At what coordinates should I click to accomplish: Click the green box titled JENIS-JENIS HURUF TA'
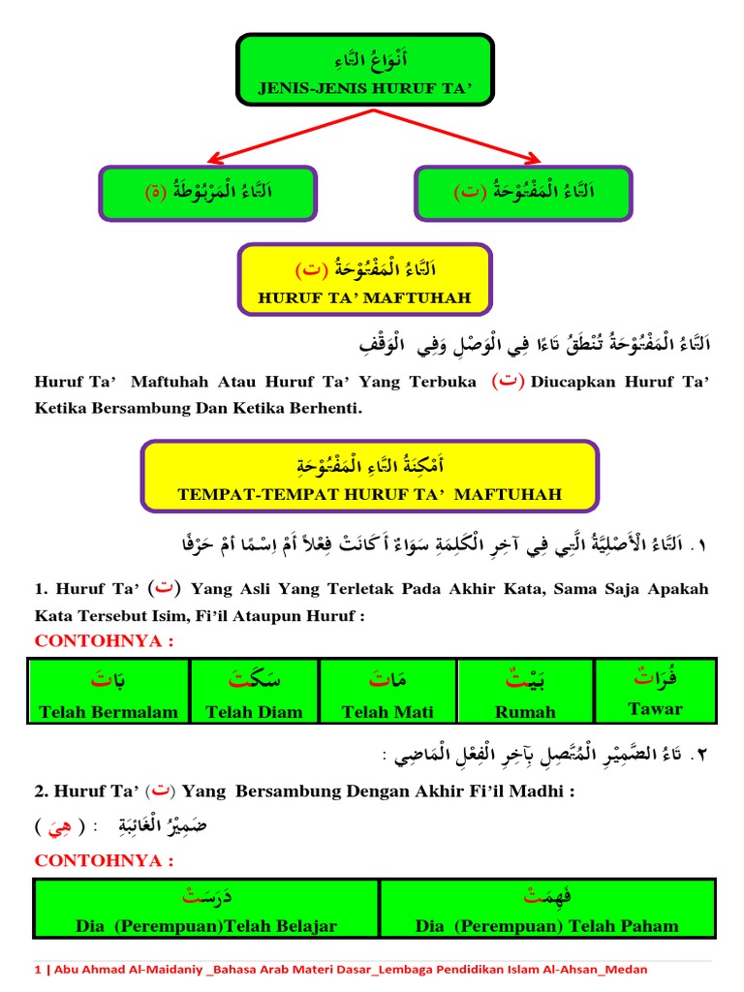tap(364, 70)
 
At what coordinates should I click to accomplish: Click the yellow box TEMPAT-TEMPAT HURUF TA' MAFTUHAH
tap(370, 475)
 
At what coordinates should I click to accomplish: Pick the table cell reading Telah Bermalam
tap(108, 691)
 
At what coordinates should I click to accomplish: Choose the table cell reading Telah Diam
tap(254, 691)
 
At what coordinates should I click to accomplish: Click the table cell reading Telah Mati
tap(387, 691)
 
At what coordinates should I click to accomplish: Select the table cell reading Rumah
tap(525, 691)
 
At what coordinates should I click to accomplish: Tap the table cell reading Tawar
tap(655, 691)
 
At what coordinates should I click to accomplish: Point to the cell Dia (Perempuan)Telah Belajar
tap(206, 909)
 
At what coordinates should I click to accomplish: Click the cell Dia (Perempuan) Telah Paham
tap(547, 909)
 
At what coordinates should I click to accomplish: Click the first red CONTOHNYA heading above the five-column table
tap(104, 641)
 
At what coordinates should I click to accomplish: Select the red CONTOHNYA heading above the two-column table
tap(104, 860)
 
